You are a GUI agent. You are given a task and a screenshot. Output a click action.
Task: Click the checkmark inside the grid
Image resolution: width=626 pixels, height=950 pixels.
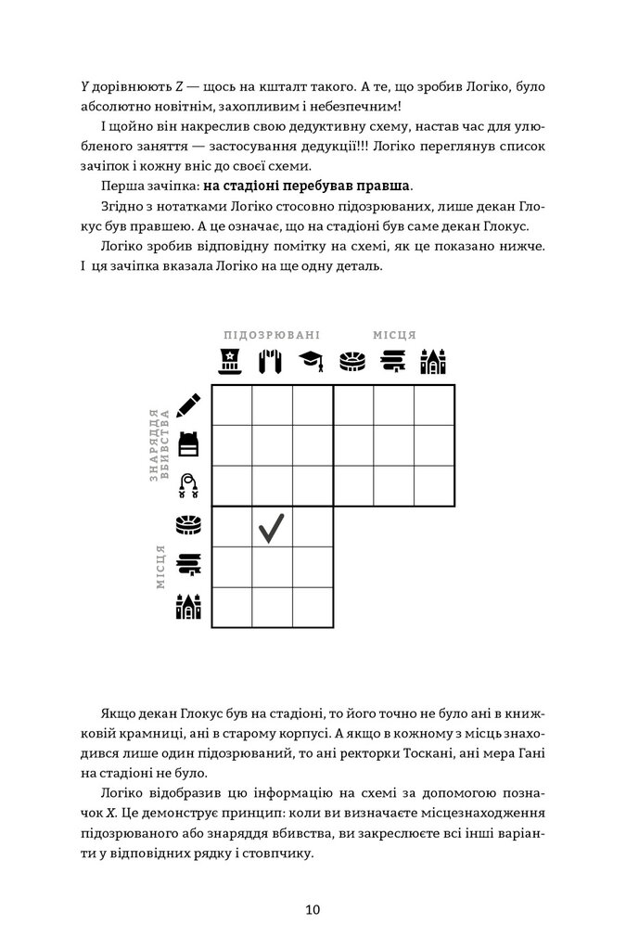272,527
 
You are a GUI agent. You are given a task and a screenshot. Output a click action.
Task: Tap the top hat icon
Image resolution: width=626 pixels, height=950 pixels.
232,361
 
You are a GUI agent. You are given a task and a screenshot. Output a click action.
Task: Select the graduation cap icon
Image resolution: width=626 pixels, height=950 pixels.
313,361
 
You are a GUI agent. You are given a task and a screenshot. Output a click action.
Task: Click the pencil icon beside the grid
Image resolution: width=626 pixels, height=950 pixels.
187,404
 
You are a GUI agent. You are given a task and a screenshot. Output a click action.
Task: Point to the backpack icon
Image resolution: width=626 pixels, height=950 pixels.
188,445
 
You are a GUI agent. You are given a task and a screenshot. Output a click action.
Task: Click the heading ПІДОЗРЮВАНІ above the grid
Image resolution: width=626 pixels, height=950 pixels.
272,335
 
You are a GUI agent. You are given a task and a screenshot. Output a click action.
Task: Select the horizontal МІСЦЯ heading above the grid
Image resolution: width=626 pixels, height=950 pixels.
394,335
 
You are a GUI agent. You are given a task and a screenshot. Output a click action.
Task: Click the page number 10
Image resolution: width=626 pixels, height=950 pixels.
313,910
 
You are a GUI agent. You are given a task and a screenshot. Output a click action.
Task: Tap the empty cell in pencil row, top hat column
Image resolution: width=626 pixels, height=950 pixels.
232,404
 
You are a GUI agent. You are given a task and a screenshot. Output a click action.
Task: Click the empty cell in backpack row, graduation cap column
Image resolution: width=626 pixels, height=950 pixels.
313,445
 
